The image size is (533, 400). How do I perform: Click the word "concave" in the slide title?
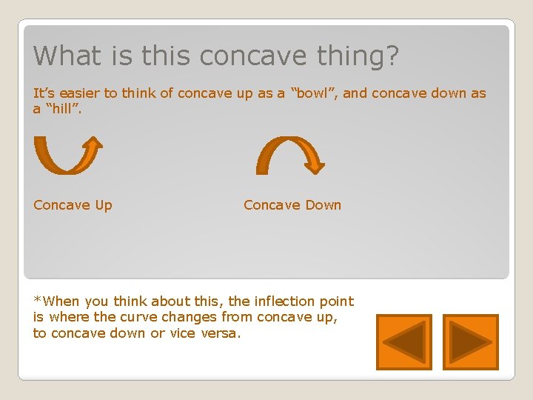click(248, 56)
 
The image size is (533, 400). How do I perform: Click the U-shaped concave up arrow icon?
click(67, 155)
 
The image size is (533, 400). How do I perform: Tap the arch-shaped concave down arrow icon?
click(289, 155)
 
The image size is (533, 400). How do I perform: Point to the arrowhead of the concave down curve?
click(315, 164)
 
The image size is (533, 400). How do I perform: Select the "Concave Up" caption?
click(73, 205)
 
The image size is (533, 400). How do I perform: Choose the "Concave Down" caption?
click(292, 205)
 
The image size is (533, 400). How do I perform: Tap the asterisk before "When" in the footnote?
click(37, 300)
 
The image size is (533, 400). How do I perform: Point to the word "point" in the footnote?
click(338, 301)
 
